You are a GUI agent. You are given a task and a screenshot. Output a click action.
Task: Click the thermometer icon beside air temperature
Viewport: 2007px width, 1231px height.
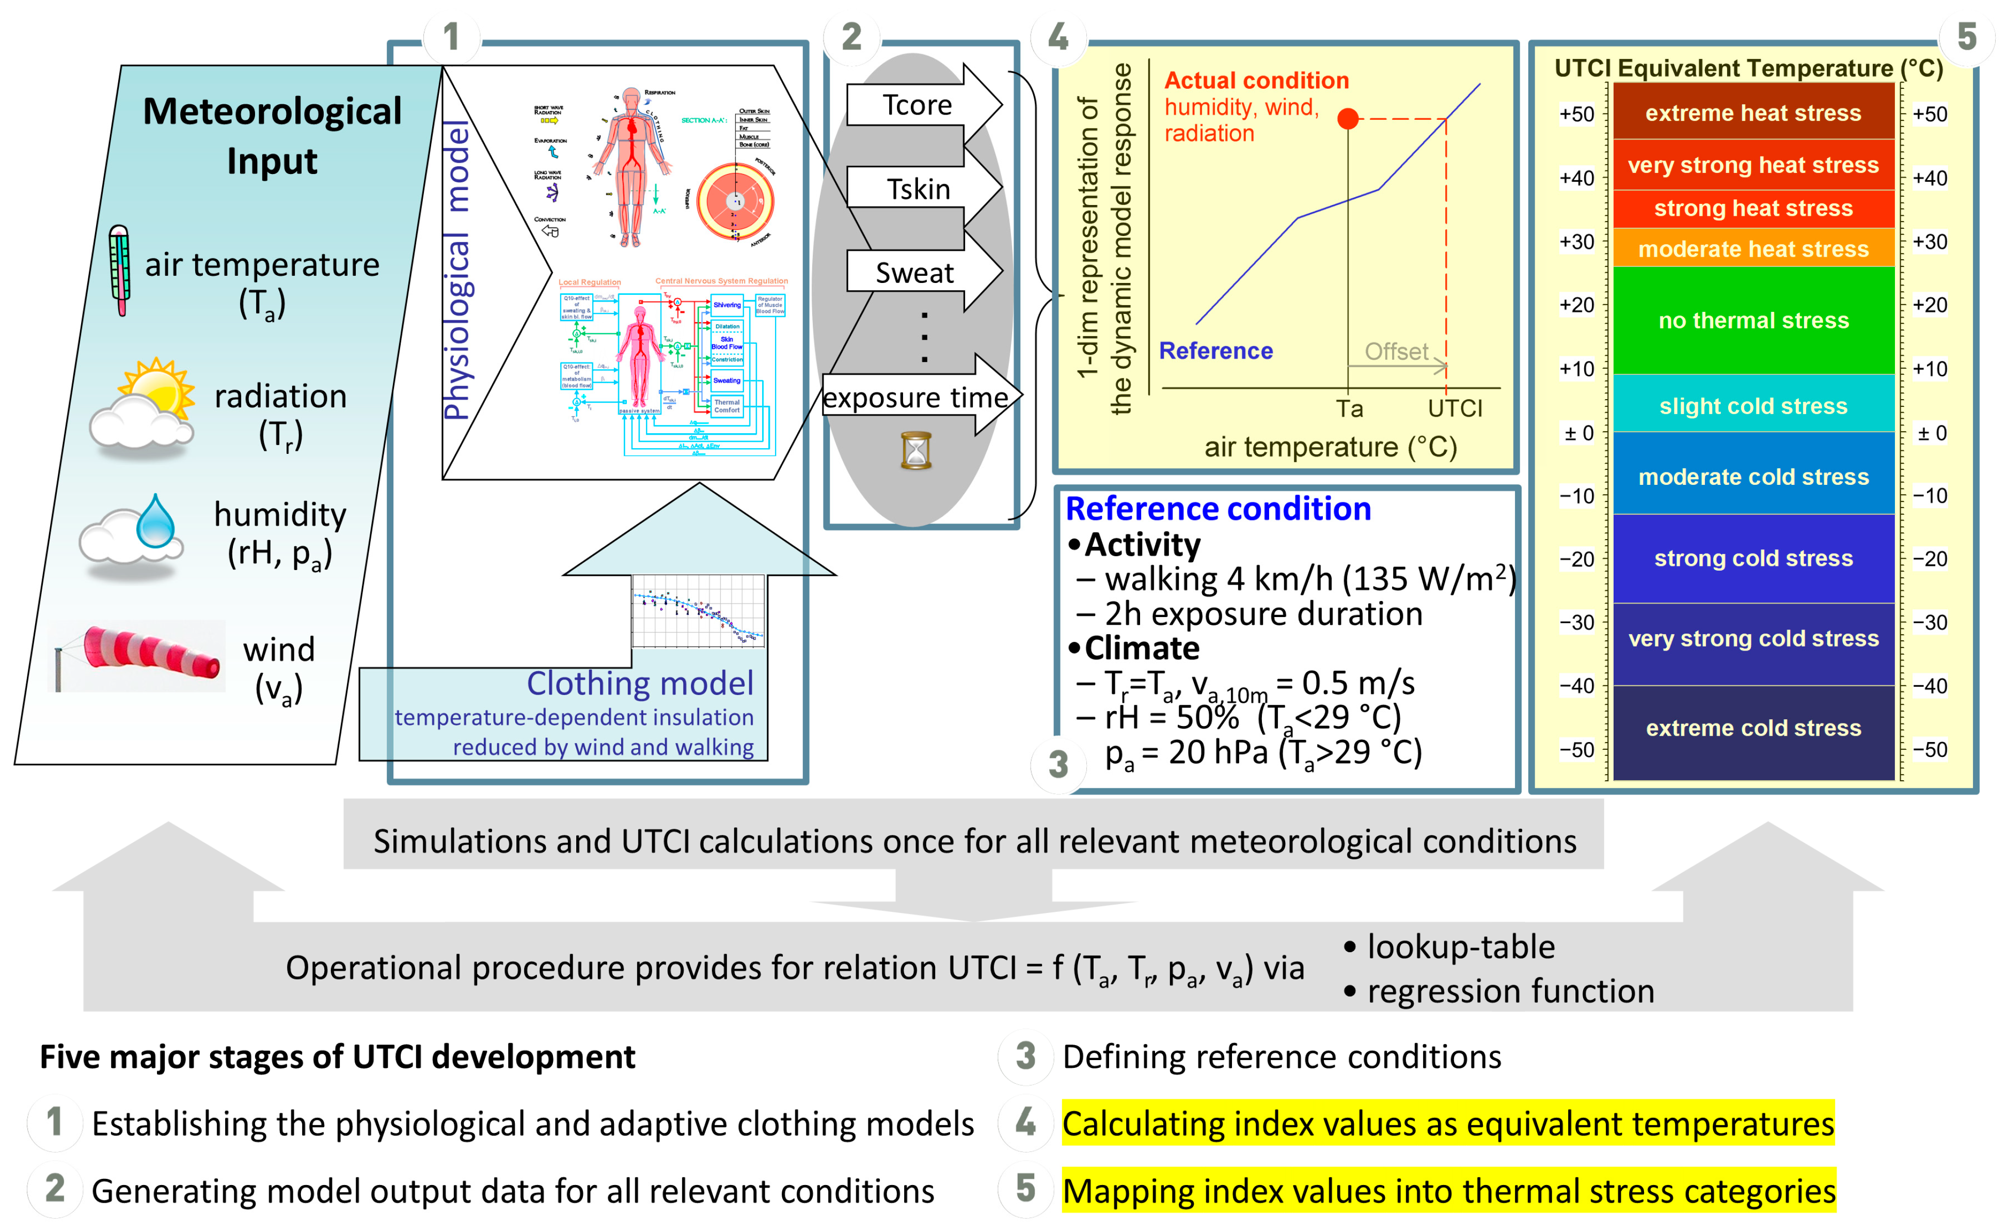click(x=120, y=270)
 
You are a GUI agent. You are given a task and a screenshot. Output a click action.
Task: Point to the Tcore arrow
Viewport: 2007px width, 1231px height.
click(x=918, y=105)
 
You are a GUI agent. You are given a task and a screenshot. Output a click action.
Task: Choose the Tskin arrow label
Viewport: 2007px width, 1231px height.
click(x=918, y=189)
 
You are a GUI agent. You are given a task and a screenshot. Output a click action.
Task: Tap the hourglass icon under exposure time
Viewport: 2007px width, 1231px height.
click(x=915, y=451)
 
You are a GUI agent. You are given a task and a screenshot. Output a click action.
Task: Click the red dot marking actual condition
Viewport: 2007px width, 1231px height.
click(x=1348, y=119)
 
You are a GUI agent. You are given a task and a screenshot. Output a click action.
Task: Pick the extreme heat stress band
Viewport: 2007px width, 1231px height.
click(x=1753, y=113)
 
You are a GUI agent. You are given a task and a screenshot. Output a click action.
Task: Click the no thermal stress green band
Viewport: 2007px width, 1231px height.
click(x=1753, y=320)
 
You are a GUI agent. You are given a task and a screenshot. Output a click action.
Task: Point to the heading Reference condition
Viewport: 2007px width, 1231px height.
click(x=1218, y=509)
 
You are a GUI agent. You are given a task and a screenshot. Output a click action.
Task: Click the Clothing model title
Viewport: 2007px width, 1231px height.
click(x=639, y=684)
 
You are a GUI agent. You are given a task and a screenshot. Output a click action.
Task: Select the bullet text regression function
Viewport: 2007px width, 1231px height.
click(x=1510, y=991)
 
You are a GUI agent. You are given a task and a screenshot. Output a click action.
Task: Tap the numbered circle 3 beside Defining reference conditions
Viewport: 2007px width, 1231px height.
click(x=1025, y=1056)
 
